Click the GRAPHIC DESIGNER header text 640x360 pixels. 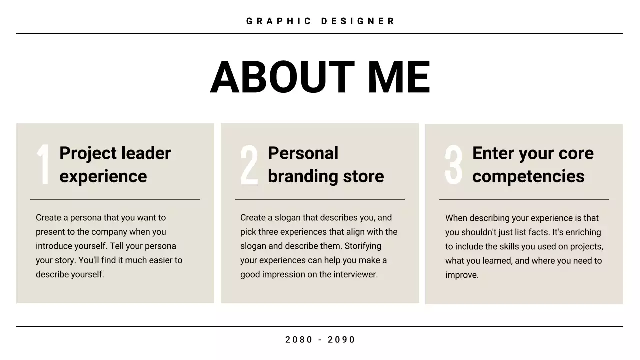coord(320,21)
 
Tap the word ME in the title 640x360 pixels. coord(398,77)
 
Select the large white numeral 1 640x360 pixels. coord(43,164)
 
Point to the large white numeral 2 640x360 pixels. coord(249,165)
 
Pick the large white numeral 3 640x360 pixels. coord(454,165)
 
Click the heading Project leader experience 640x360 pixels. coord(115,164)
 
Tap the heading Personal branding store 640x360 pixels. coord(325,164)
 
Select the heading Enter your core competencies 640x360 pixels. coord(532,164)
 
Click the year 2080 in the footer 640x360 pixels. coord(299,340)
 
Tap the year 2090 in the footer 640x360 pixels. coord(341,340)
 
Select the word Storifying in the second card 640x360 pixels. coord(362,246)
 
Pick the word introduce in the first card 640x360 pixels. coord(53,246)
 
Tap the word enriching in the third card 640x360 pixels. coord(582,232)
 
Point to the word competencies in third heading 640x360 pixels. coord(528,176)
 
